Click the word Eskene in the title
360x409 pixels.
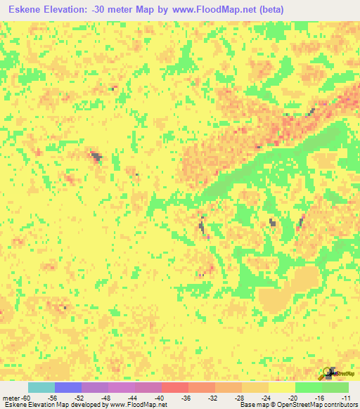pyautogui.click(x=30, y=9)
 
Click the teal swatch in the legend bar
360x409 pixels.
pyautogui.click(x=41, y=388)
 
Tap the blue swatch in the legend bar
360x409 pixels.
pyautogui.click(x=67, y=388)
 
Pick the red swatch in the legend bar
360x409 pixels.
pyautogui.click(x=174, y=388)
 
